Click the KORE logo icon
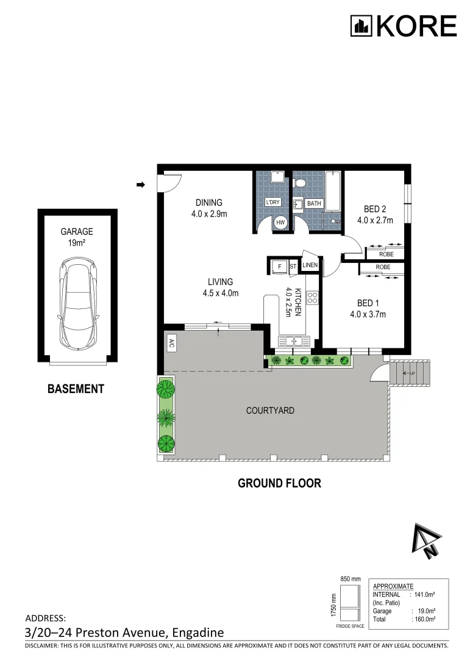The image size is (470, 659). [x=361, y=26]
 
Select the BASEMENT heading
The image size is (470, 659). [x=76, y=389]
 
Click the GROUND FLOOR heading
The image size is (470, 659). [x=279, y=483]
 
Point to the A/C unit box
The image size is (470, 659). [x=171, y=344]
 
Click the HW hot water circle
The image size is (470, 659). [x=280, y=223]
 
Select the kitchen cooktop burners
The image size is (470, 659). [x=313, y=298]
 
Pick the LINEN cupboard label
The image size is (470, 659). [x=310, y=265]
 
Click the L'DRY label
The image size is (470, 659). [x=272, y=202]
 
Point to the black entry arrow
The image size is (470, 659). [x=141, y=184]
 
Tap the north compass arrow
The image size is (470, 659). [x=427, y=541]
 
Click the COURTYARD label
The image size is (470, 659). [x=270, y=411]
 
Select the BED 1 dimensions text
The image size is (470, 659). [x=368, y=314]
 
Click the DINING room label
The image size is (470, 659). [x=208, y=203]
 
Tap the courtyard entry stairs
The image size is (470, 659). [x=410, y=373]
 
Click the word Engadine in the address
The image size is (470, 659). [x=198, y=633]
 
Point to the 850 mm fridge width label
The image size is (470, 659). [x=351, y=579]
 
